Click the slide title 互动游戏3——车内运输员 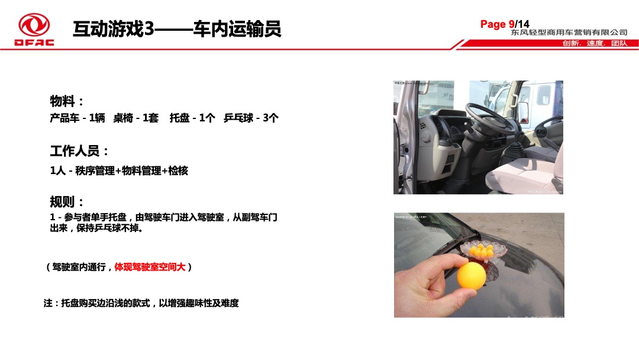pos(176,28)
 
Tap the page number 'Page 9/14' pos(505,24)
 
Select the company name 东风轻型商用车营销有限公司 pos(569,33)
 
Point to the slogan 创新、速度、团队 pos(594,44)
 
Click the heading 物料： pos(67,101)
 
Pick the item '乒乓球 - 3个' pos(251,118)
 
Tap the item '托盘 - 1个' pos(192,118)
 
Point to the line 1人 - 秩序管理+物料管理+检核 pos(119,171)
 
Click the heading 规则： pos(67,202)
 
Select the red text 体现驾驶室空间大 pos(150,267)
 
